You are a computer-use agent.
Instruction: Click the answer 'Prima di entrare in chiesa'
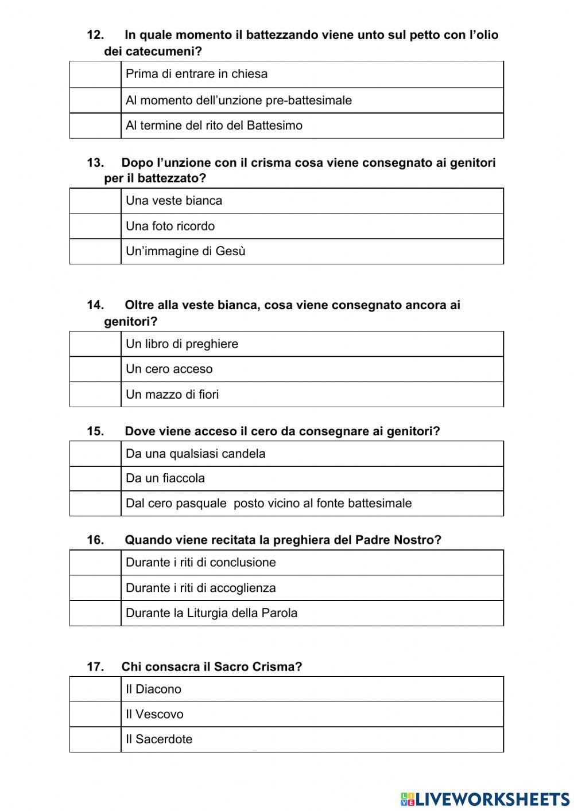(x=196, y=74)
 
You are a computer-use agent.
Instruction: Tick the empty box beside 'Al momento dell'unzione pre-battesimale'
(x=95, y=100)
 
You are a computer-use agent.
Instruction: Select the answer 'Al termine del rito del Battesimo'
(x=214, y=126)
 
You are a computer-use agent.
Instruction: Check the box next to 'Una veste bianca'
(x=95, y=201)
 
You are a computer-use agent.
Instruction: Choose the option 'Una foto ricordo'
(x=170, y=226)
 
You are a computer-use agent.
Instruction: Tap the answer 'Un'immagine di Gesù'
(x=185, y=251)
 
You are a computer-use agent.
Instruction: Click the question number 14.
(x=95, y=305)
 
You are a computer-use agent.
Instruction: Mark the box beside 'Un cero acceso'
(x=95, y=369)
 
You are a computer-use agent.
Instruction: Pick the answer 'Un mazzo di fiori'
(x=172, y=395)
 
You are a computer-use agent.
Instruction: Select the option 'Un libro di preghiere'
(x=182, y=344)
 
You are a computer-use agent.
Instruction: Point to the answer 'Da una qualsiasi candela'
(x=195, y=454)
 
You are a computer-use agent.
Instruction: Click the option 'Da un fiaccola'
(x=165, y=478)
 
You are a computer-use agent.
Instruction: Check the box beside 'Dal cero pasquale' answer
(x=95, y=504)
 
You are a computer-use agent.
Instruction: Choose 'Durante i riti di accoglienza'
(x=200, y=588)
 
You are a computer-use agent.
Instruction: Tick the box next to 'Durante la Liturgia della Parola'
(x=95, y=613)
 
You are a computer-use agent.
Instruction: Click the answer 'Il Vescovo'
(x=154, y=714)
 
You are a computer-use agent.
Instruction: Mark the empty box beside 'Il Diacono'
(x=95, y=689)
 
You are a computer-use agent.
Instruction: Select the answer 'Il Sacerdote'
(x=159, y=739)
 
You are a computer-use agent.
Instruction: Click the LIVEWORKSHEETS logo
(x=484, y=798)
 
